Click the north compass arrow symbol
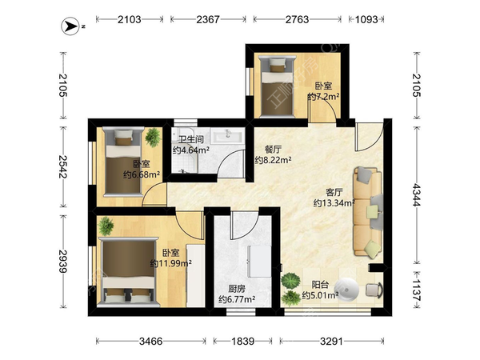click(x=70, y=26)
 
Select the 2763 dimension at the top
click(x=297, y=19)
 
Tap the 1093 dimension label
click(x=366, y=19)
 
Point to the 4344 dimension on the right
click(x=417, y=194)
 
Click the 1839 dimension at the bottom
click(x=242, y=341)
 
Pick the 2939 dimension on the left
click(x=62, y=262)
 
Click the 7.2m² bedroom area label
click(x=323, y=97)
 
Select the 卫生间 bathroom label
click(x=191, y=139)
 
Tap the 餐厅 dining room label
click(x=273, y=150)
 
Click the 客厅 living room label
click(x=334, y=192)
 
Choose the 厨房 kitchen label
click(x=237, y=289)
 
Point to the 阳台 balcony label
click(x=320, y=285)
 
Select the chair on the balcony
click(x=374, y=290)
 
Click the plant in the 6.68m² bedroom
click(x=153, y=138)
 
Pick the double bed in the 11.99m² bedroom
click(x=128, y=272)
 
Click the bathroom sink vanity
click(x=228, y=136)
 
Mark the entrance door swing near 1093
click(x=369, y=137)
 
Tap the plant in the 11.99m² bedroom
click(x=106, y=226)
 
